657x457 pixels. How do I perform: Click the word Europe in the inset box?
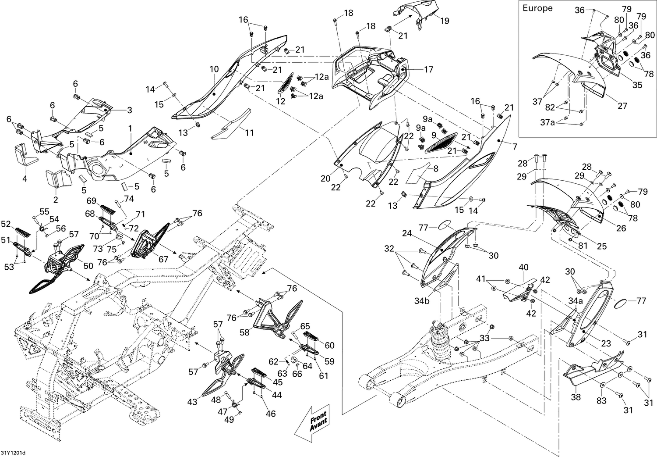537,8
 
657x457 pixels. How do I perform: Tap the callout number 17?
428,69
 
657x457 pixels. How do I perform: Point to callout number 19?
445,21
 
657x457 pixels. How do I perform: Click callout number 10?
214,69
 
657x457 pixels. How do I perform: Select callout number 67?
163,259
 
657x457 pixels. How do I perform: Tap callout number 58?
244,332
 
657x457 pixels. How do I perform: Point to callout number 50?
88,266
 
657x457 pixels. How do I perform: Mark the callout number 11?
249,132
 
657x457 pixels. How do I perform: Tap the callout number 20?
325,179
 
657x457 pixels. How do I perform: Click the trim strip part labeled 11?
230,127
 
